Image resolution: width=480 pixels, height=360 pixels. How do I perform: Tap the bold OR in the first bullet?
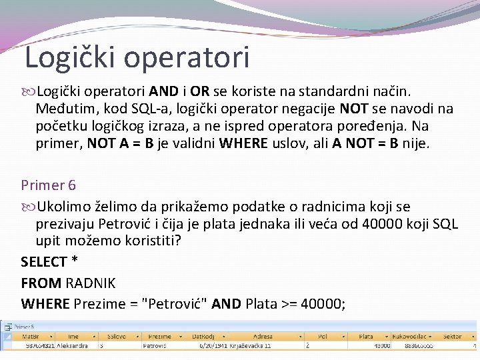200,91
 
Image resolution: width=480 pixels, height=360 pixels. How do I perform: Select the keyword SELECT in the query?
44,262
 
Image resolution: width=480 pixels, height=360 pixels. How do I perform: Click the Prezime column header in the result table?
159,337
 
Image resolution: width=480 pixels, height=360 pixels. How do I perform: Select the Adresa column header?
262,337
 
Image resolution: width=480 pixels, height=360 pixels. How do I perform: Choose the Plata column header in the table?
366,337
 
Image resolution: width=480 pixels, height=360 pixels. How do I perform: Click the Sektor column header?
452,337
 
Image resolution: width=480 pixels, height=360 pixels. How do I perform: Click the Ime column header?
73,337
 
